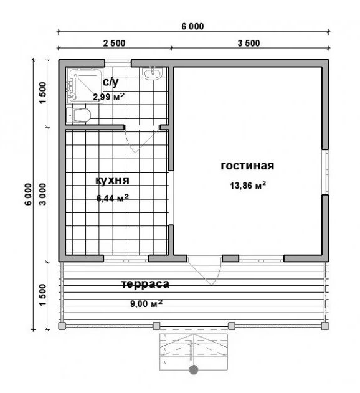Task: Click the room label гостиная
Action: tap(247, 166)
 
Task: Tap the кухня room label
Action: tap(112, 181)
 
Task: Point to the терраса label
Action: tap(145, 285)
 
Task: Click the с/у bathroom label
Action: tap(111, 82)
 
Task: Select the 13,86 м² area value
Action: tap(248, 186)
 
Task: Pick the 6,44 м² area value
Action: tap(113, 198)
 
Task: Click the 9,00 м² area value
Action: tap(146, 303)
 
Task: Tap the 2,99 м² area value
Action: tap(108, 97)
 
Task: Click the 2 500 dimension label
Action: tap(115, 44)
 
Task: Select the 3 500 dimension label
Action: tap(249, 44)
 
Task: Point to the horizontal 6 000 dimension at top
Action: tap(192, 26)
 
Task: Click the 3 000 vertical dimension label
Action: tap(42, 194)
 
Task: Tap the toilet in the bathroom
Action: tap(78, 116)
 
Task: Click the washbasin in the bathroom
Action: tap(152, 73)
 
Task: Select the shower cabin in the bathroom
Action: tap(85, 85)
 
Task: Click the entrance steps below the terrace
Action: tap(194, 352)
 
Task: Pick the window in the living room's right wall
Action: tap(325, 172)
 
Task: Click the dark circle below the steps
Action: tap(194, 369)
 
